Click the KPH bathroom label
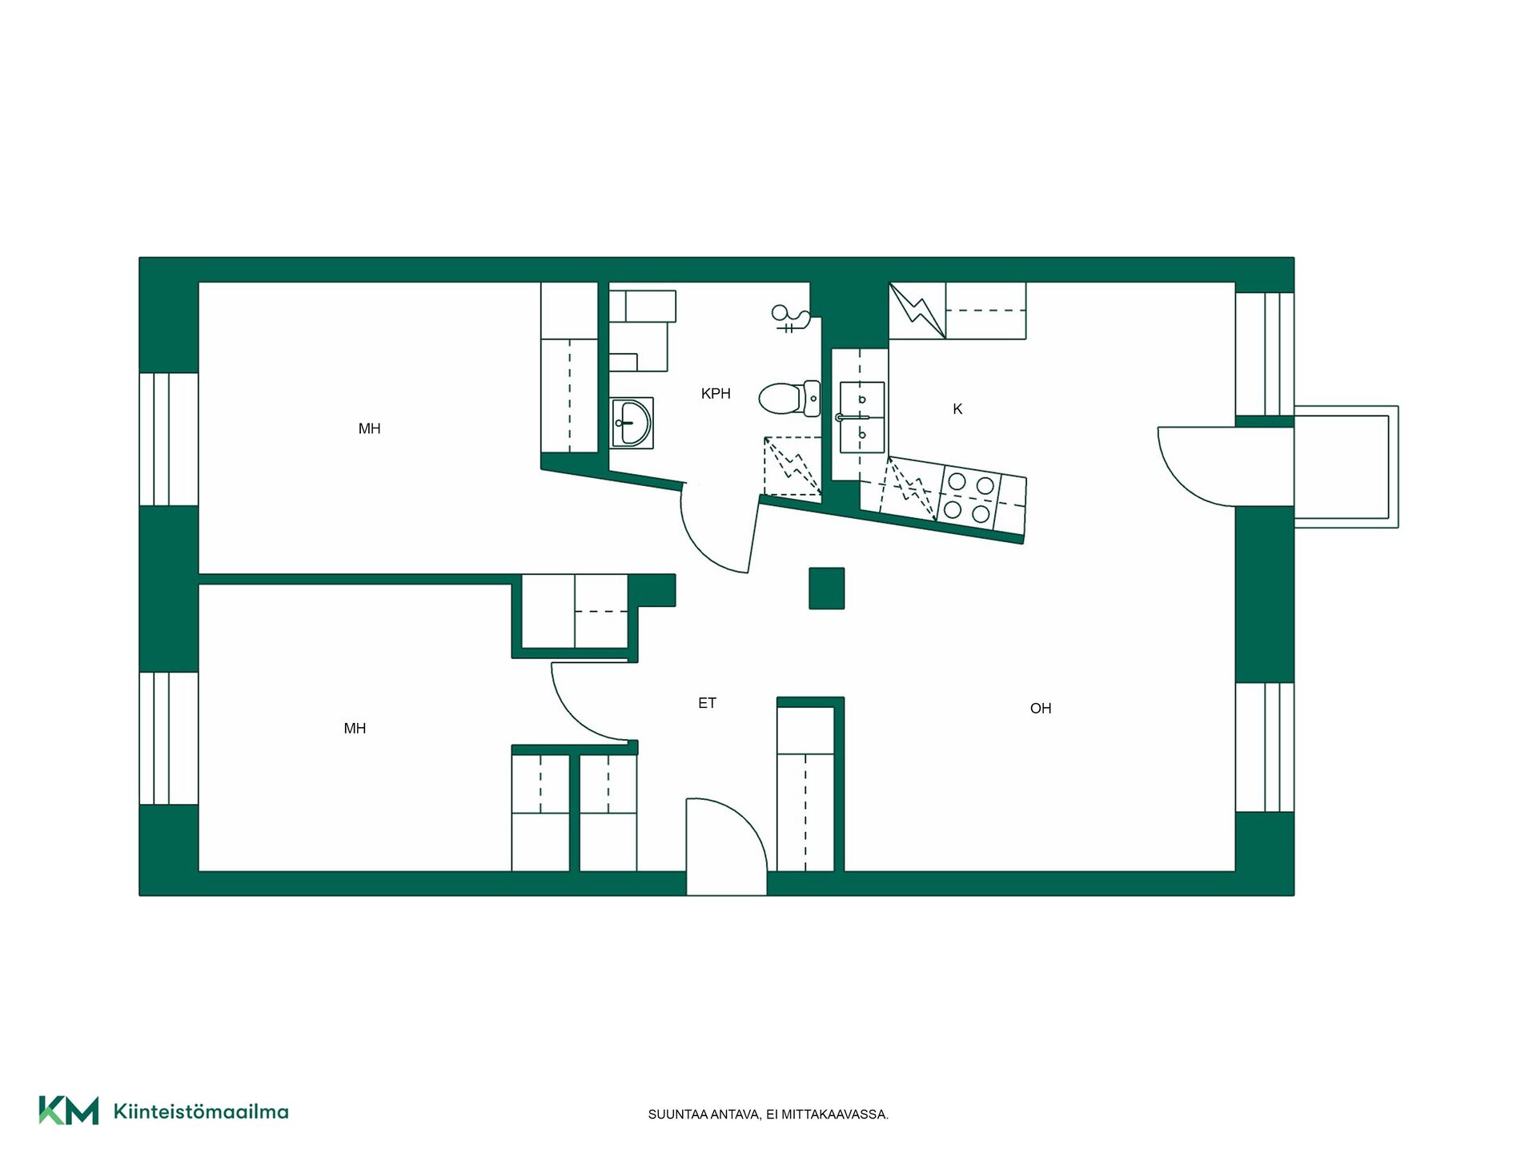tap(716, 393)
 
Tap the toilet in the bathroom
tap(789, 398)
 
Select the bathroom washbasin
tap(632, 422)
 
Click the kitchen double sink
tap(861, 417)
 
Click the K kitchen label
tap(957, 409)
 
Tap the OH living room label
tap(1041, 708)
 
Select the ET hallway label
tap(707, 703)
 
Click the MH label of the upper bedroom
tap(369, 428)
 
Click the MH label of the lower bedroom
tap(355, 728)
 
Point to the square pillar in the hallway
tap(826, 589)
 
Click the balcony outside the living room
tap(1346, 467)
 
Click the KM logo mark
tap(69, 1111)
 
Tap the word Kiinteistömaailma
tap(201, 1111)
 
